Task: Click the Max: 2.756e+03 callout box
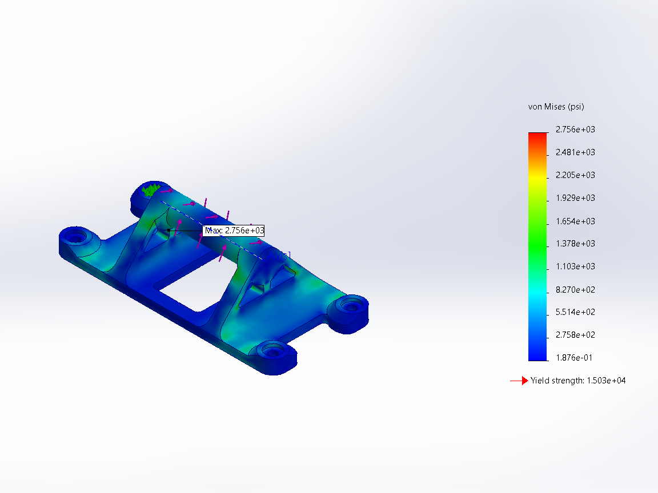(x=234, y=231)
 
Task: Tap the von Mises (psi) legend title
(x=556, y=107)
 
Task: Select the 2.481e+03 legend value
(x=575, y=152)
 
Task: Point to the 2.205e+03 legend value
(x=575, y=175)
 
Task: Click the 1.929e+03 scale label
(x=575, y=198)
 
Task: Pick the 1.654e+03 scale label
(x=575, y=221)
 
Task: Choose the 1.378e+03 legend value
(x=575, y=244)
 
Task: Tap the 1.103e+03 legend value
(x=575, y=266)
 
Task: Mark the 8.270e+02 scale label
(x=575, y=289)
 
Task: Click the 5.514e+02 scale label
(x=575, y=312)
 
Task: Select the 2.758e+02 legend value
(x=575, y=335)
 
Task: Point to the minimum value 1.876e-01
(x=575, y=358)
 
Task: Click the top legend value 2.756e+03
(x=575, y=130)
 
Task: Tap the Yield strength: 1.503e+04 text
(x=577, y=381)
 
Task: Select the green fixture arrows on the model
(x=151, y=190)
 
